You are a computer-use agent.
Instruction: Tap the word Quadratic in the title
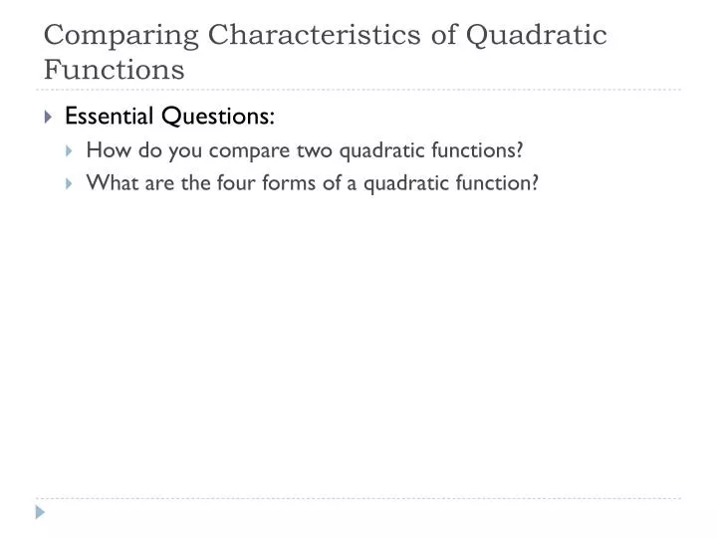click(538, 35)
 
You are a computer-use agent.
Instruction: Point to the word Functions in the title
click(114, 70)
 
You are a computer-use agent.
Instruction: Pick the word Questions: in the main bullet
click(219, 117)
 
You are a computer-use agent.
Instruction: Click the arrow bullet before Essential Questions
click(49, 117)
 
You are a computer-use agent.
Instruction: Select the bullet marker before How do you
click(71, 150)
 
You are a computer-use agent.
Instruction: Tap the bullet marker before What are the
click(71, 183)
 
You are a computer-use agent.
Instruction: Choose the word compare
click(249, 150)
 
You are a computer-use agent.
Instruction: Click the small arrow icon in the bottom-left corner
click(40, 512)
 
